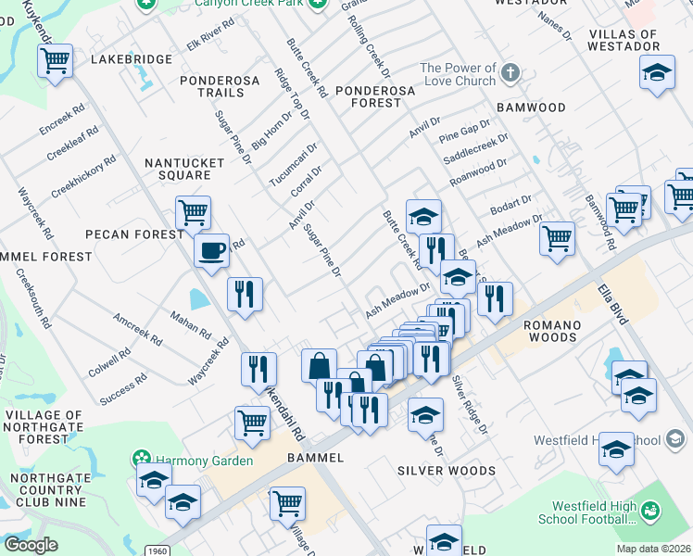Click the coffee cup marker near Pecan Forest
click(x=211, y=250)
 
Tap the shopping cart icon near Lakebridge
click(x=56, y=62)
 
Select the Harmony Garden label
click(x=203, y=461)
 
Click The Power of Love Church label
click(x=458, y=74)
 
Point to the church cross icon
click(x=510, y=71)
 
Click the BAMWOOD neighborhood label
click(x=531, y=107)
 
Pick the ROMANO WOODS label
click(x=552, y=332)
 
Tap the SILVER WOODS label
click(x=446, y=471)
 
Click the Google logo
click(x=31, y=545)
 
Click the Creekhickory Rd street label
click(x=83, y=175)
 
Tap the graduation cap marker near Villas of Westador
click(x=656, y=73)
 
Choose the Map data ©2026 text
click(x=653, y=549)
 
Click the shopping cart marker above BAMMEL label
click(x=252, y=423)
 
